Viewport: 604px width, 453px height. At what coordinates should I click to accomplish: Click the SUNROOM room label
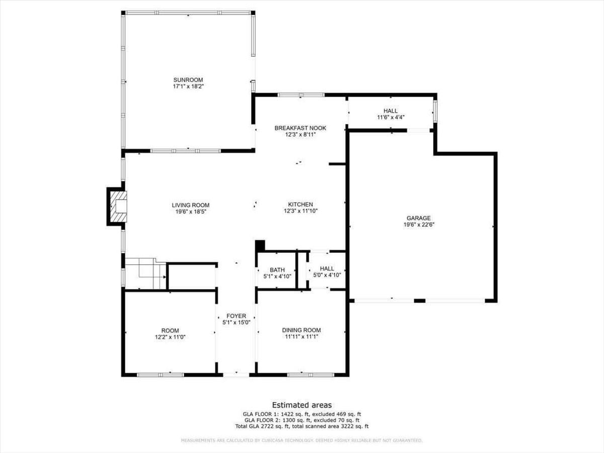click(188, 80)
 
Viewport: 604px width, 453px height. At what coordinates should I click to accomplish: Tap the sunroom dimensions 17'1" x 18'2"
click(188, 87)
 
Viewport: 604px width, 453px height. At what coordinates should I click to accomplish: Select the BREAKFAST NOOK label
click(300, 128)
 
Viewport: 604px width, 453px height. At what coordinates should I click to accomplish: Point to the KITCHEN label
click(300, 204)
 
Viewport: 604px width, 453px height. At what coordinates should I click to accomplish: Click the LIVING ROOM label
click(190, 205)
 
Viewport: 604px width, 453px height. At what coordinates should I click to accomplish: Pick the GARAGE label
click(419, 218)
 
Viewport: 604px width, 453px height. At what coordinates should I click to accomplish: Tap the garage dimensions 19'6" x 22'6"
click(419, 225)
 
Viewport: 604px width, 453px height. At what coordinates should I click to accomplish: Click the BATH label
click(277, 270)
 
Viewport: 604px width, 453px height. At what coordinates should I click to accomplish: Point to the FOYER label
click(236, 316)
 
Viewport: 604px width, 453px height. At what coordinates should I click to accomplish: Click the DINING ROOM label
click(301, 330)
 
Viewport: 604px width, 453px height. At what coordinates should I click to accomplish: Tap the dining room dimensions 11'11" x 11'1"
click(301, 337)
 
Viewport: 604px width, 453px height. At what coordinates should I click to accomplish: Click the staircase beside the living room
click(146, 274)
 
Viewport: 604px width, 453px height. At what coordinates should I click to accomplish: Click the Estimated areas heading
click(302, 405)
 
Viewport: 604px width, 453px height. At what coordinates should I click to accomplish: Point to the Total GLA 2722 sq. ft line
click(302, 426)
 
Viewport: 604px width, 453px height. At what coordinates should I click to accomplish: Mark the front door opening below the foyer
click(236, 374)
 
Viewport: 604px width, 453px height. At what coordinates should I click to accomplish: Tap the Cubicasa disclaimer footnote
click(302, 441)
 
